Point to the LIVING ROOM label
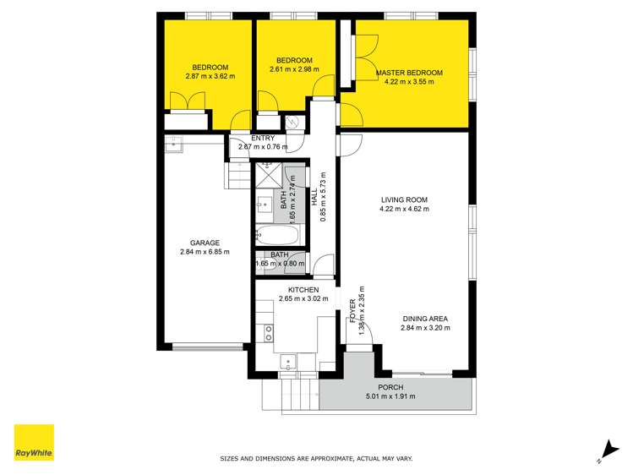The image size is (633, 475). click(x=404, y=200)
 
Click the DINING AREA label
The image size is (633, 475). click(x=424, y=319)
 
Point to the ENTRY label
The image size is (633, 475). click(x=263, y=139)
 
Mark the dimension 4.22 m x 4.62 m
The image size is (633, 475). click(x=404, y=209)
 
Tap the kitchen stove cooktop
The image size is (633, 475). click(x=269, y=332)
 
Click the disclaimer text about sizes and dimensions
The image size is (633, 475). click(x=316, y=458)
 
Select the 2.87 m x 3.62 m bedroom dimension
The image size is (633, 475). click(x=210, y=76)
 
